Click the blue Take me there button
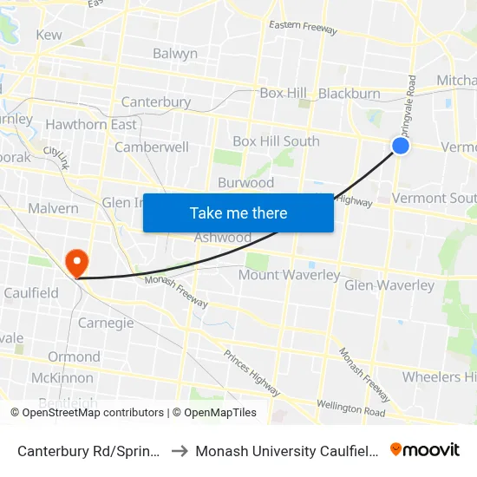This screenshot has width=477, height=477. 238,212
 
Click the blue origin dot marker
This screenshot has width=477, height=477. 401,146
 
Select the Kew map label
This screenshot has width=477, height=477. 49,35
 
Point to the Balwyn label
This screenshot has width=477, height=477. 175,54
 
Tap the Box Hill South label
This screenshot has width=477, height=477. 276,141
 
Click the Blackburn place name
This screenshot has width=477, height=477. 350,94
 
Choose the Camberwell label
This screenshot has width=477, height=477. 152,147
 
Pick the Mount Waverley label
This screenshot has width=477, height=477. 290,275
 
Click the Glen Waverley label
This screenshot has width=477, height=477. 389,285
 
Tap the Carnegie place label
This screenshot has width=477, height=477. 106,323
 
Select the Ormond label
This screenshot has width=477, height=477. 74,356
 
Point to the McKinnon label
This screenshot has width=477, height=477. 62,378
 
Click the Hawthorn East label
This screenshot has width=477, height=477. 91,125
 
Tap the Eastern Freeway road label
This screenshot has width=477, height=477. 303,28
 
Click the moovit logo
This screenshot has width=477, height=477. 425,449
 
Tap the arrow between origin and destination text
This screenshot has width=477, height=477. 179,451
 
